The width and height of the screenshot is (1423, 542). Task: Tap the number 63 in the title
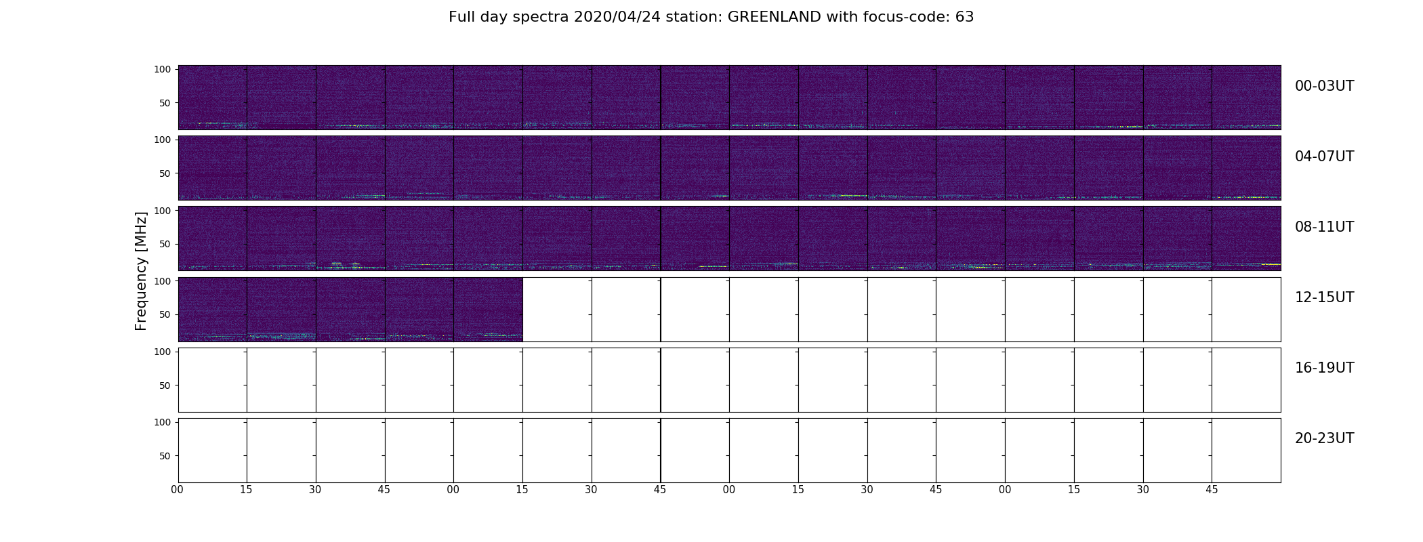click(x=964, y=17)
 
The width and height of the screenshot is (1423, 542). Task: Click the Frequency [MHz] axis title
click(x=141, y=271)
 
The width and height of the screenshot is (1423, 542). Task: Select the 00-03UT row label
click(x=1324, y=86)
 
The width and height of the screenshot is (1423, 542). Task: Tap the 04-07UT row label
click(x=1324, y=157)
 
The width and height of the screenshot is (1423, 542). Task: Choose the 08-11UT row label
click(x=1324, y=227)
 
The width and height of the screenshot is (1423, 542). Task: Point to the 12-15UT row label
click(x=1324, y=297)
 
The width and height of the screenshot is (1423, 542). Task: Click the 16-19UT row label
click(x=1324, y=368)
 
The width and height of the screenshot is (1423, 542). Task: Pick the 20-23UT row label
click(x=1324, y=438)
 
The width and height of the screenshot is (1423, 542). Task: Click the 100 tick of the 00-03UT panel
click(x=163, y=69)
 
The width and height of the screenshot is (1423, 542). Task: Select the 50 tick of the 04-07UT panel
click(x=165, y=173)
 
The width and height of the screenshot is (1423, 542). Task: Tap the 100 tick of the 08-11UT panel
click(x=163, y=210)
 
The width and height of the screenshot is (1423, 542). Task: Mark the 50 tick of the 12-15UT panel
click(x=165, y=314)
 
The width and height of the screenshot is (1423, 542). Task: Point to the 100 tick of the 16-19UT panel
click(x=163, y=352)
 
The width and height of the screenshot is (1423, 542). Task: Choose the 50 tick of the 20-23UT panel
click(x=165, y=456)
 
